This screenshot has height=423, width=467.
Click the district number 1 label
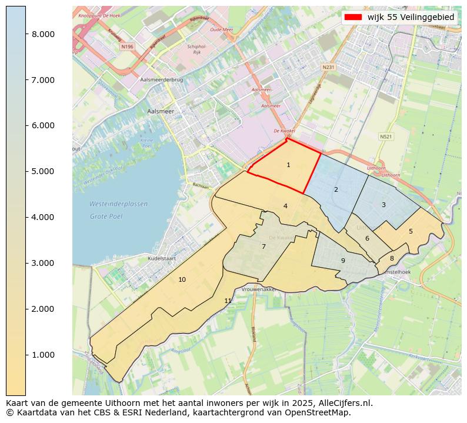[x=288, y=165]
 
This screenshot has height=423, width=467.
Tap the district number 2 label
[x=336, y=190]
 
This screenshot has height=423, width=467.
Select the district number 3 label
[x=383, y=205]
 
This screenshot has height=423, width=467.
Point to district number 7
[x=263, y=247]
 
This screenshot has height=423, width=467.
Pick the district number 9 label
[x=343, y=261]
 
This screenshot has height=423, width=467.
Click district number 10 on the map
[x=182, y=279]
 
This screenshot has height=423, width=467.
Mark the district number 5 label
[x=411, y=232]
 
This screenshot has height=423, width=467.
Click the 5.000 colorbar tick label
[x=43, y=171]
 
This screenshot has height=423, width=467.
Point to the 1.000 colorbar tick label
[x=43, y=355]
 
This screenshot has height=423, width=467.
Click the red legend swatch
[x=352, y=18]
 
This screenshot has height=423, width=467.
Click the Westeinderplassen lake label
[x=118, y=204]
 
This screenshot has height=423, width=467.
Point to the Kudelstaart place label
[x=146, y=258]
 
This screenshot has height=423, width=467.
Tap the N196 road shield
[x=126, y=46]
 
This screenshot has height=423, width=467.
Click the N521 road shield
[x=386, y=136]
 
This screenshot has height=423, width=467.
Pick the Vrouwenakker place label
[x=259, y=290]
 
